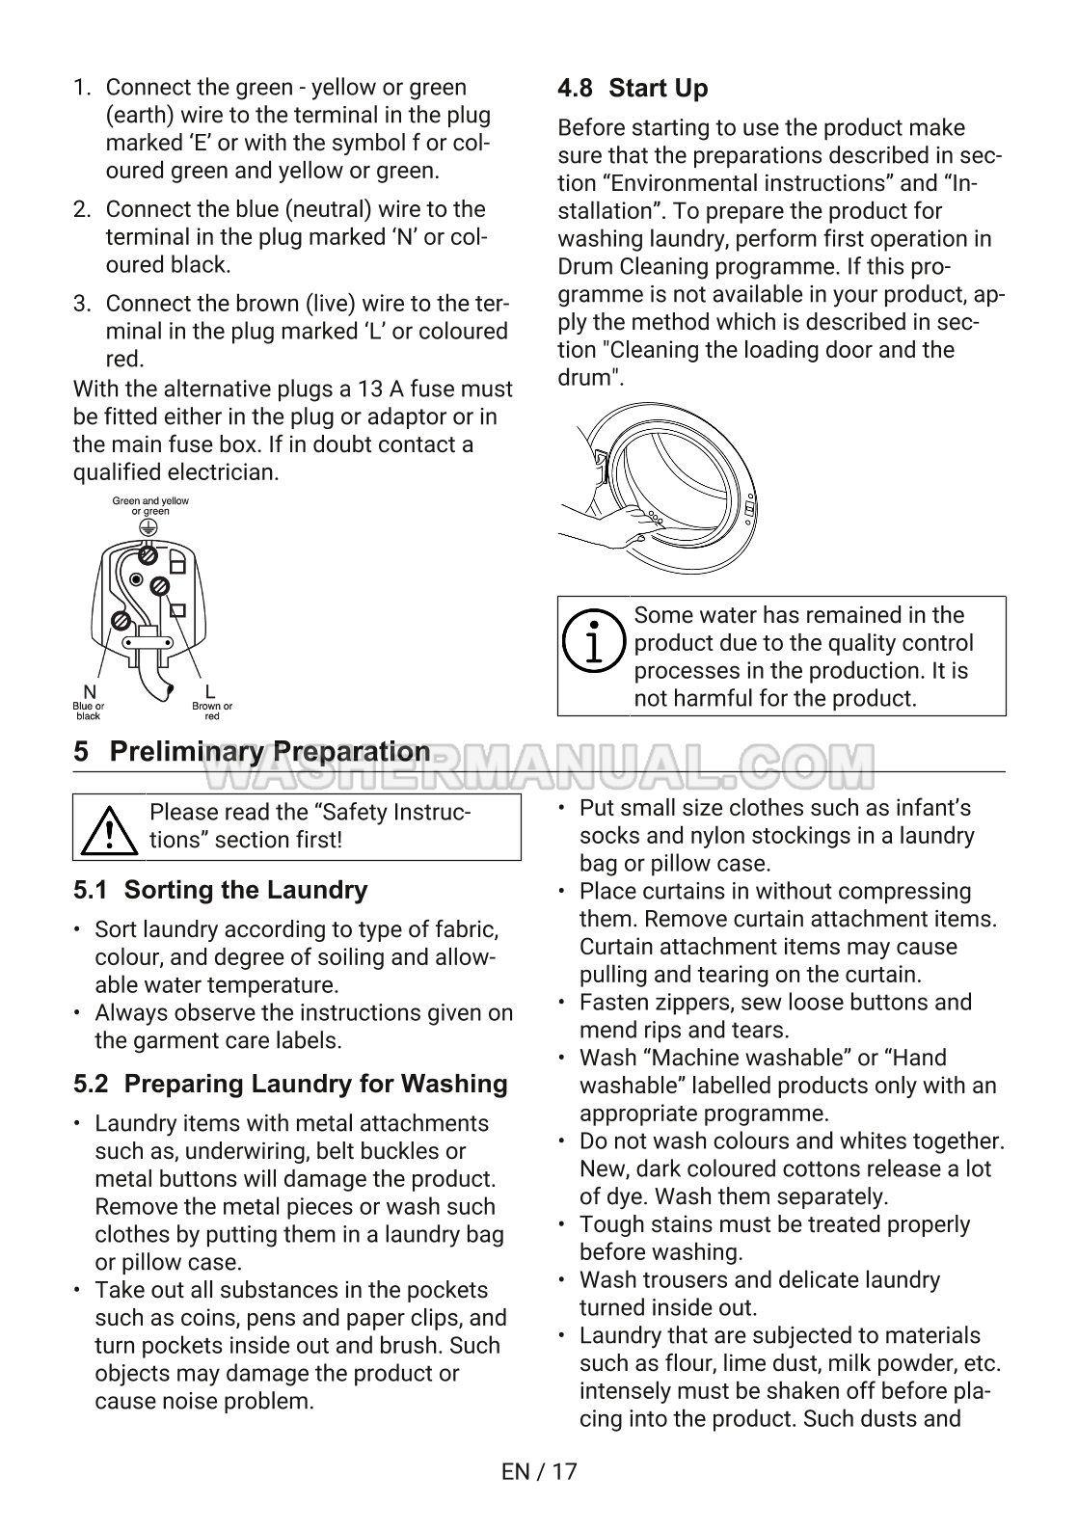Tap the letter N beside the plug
pos(90,691)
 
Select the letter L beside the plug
pos(210,691)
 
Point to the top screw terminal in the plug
pos(148,555)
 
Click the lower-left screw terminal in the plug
pos(122,621)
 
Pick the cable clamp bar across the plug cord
pos(148,632)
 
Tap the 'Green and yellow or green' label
pos(150,506)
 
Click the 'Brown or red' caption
pos(212,711)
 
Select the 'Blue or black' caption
pos(89,711)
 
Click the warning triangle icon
pos(111,828)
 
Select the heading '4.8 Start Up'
pos(633,89)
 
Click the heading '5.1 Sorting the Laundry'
pos(220,890)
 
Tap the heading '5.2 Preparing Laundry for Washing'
pos(290,1084)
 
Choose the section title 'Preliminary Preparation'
pos(270,752)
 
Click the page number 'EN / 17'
pos(539,1471)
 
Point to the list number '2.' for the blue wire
pos(83,209)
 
